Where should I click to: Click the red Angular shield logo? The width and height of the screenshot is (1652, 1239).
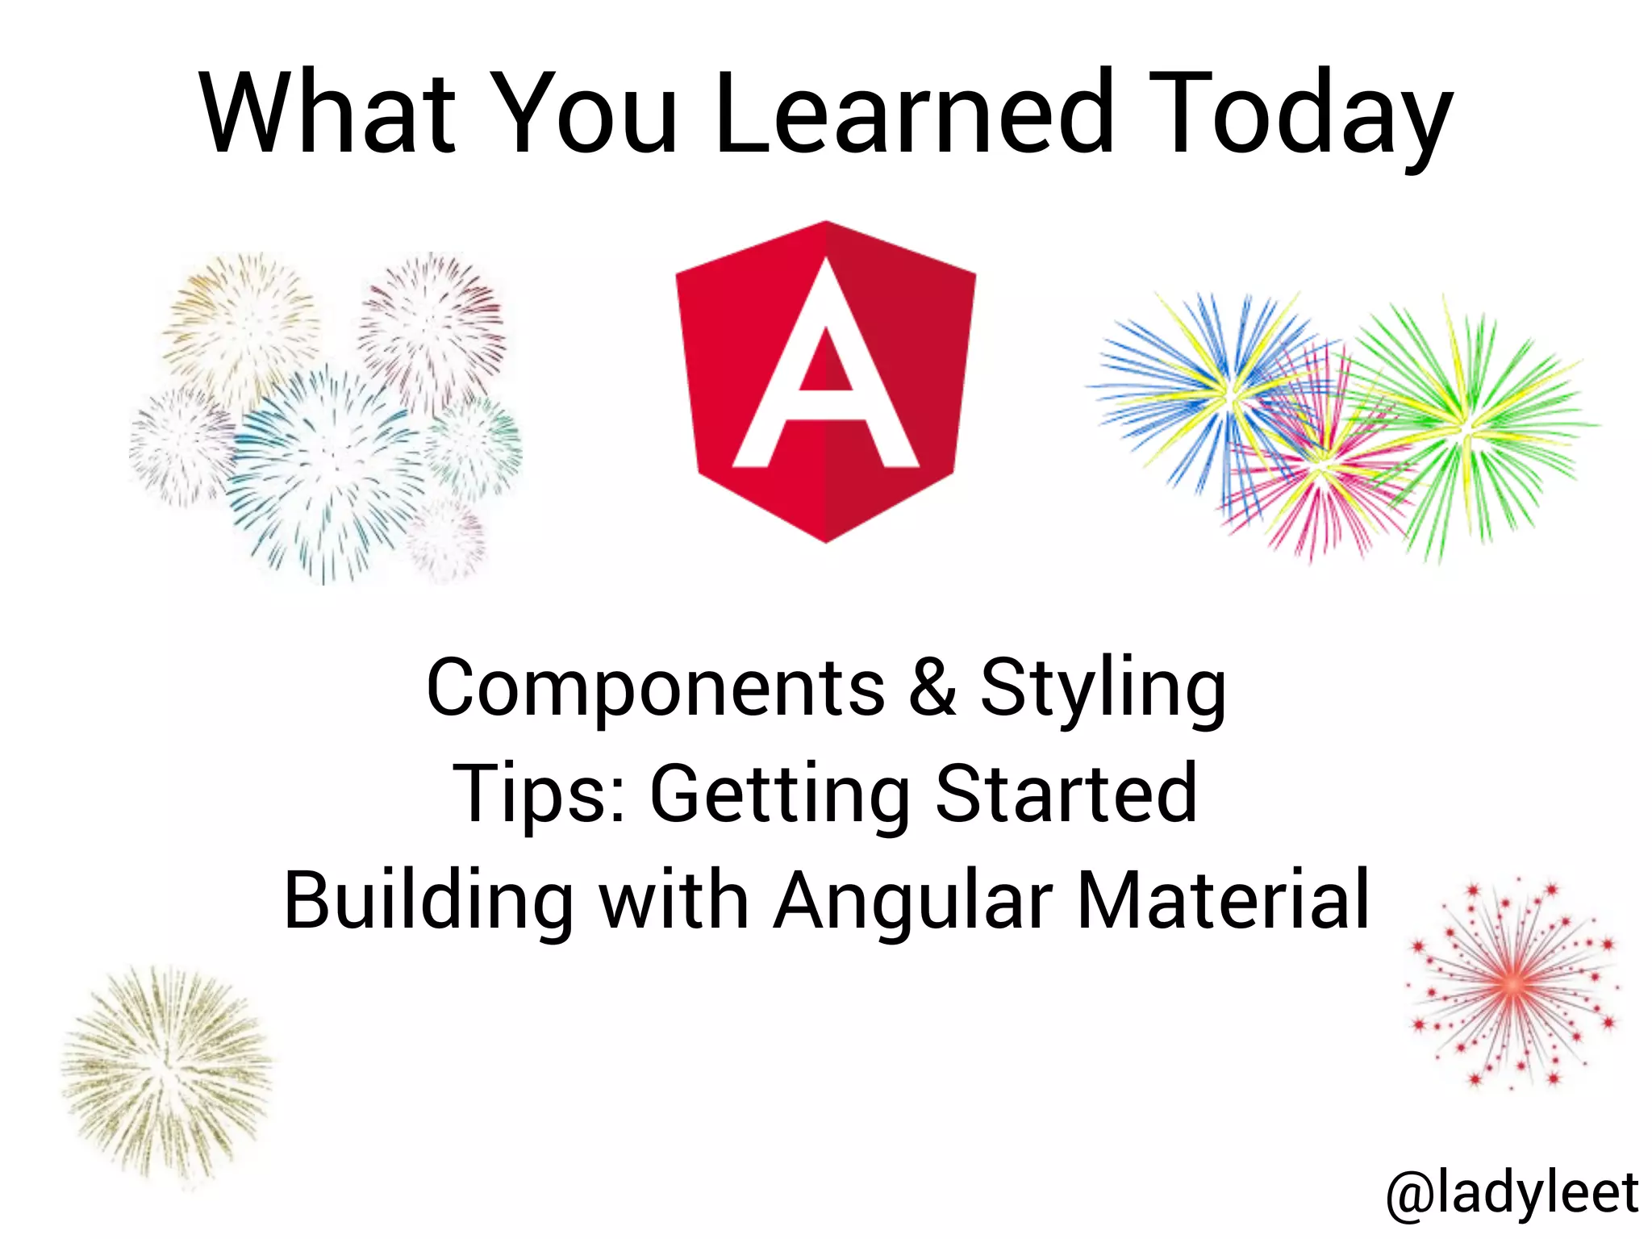tap(825, 382)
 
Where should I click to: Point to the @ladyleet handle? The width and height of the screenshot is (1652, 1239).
tap(1512, 1193)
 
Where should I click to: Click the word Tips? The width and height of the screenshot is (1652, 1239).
tap(539, 795)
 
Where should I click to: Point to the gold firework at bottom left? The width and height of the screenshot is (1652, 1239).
tap(167, 1073)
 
